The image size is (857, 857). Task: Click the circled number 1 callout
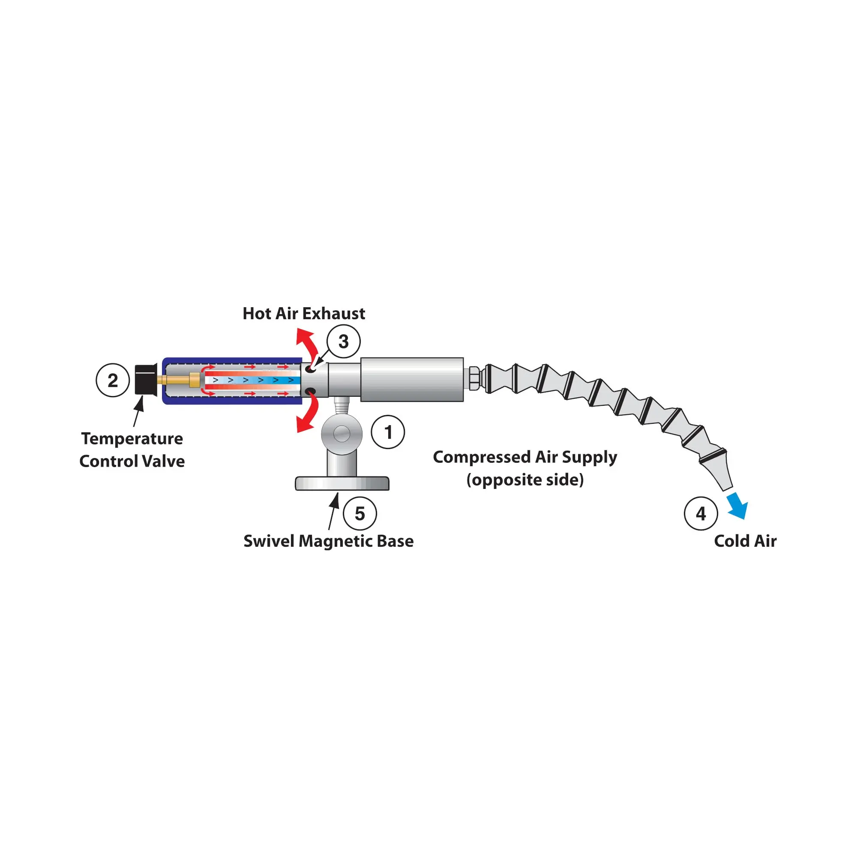(388, 432)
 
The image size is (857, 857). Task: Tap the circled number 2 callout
(113, 380)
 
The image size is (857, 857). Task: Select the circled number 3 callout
(343, 342)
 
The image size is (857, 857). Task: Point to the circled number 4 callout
(701, 513)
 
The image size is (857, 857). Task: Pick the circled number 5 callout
(360, 513)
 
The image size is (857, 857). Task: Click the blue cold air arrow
(738, 506)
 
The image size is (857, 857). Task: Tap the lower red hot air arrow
(307, 415)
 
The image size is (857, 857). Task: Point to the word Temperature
(132, 439)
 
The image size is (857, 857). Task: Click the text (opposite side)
(525, 479)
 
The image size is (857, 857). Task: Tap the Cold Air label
(745, 541)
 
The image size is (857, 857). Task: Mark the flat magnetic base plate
(342, 483)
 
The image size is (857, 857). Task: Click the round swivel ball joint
(342, 433)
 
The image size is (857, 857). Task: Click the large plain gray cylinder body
(412, 380)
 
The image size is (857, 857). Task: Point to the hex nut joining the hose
(474, 378)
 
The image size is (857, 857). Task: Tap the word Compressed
(482, 457)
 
